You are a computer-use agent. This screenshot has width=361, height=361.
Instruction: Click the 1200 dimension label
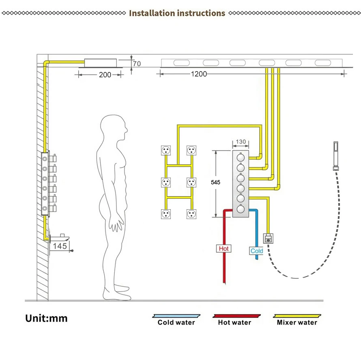click(x=199, y=74)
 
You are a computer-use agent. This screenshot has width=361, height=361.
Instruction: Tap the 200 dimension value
click(x=105, y=75)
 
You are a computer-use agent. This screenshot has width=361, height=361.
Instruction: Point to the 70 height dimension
click(x=137, y=64)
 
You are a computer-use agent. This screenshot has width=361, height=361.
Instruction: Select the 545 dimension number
click(x=215, y=182)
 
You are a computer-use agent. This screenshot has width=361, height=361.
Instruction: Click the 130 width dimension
click(x=241, y=142)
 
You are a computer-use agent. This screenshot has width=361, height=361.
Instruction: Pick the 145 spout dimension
click(x=60, y=246)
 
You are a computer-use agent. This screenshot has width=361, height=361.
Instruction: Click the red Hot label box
click(x=223, y=249)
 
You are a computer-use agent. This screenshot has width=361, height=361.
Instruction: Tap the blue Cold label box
click(x=256, y=251)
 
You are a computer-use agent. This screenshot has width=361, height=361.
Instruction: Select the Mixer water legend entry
click(x=297, y=320)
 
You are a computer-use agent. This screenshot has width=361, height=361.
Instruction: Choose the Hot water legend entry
click(x=236, y=320)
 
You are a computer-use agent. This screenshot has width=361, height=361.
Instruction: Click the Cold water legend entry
click(x=176, y=320)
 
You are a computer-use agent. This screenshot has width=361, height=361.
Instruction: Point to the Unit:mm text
click(x=46, y=318)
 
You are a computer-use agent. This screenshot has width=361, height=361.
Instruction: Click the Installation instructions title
click(x=177, y=13)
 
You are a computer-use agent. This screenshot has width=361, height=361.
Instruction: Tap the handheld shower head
click(x=336, y=156)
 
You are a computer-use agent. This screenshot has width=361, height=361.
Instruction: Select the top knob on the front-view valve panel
click(x=241, y=157)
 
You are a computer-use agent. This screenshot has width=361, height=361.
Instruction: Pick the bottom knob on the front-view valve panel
click(x=241, y=209)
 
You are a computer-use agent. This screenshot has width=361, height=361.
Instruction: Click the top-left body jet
click(x=166, y=150)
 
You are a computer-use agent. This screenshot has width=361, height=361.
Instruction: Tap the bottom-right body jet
click(x=191, y=214)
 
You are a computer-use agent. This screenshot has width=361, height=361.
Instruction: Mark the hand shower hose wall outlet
click(x=268, y=239)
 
